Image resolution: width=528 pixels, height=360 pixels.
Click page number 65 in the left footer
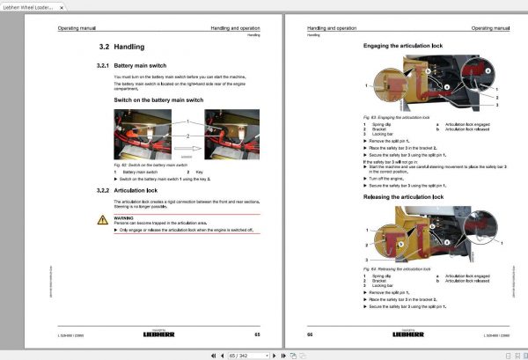(257, 335)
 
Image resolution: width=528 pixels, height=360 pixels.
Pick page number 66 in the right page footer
(311, 335)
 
